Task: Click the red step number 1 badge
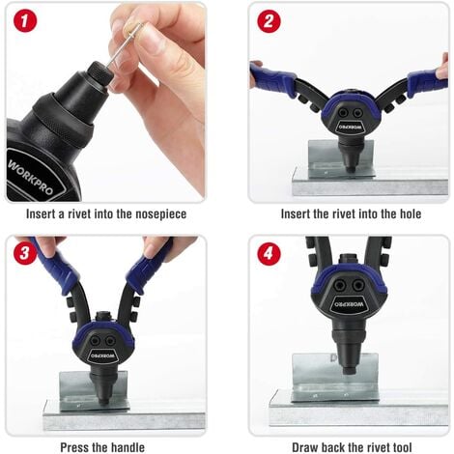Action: (x=25, y=20)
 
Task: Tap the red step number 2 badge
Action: (x=269, y=21)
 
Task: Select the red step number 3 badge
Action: (x=25, y=253)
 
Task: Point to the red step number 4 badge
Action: (x=269, y=253)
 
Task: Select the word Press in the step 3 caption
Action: (x=74, y=447)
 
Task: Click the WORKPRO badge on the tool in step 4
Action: (x=349, y=303)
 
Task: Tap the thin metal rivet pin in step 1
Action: (x=124, y=45)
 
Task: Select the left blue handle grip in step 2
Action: (x=273, y=79)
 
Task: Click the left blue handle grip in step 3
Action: (x=57, y=268)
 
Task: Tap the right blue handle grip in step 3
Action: (x=149, y=269)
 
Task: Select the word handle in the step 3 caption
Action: (x=128, y=447)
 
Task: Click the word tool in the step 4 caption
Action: (x=401, y=447)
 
